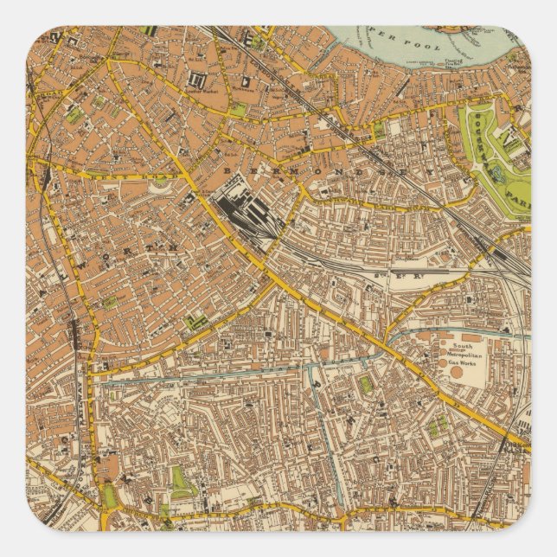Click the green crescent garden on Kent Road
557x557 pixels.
(x=161, y=185)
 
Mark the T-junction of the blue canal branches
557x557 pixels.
(x=307, y=367)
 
